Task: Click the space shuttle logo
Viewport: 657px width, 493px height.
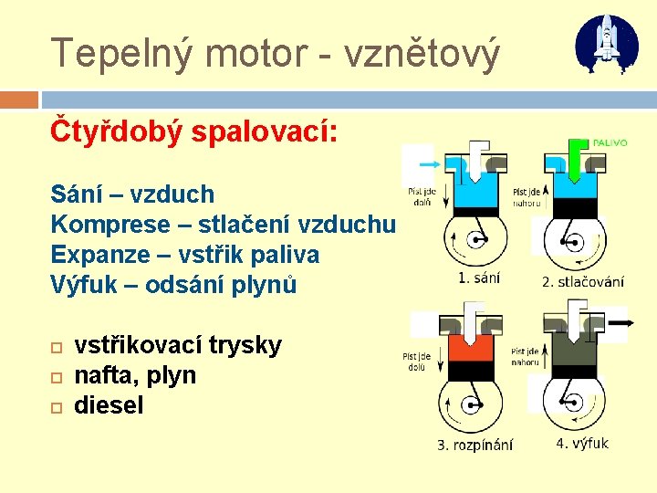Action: tap(607, 43)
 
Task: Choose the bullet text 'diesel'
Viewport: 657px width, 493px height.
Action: tap(109, 405)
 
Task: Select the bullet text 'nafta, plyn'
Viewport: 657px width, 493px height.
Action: tap(135, 375)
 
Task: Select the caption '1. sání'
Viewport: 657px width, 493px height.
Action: tap(479, 277)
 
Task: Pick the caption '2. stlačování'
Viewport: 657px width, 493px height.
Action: tap(583, 281)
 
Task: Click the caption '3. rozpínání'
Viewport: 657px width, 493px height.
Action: tap(474, 445)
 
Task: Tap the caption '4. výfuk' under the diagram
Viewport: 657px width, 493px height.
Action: tap(582, 444)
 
